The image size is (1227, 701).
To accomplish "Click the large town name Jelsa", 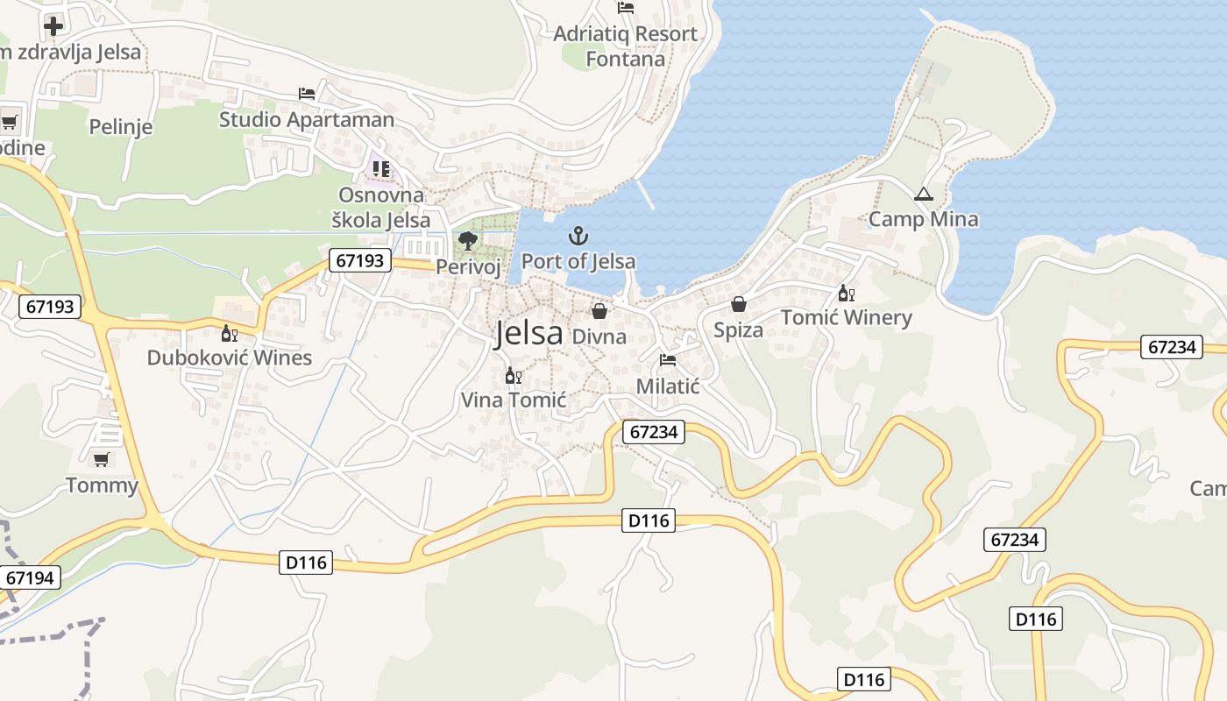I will tap(528, 334).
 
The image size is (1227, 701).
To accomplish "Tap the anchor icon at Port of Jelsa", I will tap(578, 236).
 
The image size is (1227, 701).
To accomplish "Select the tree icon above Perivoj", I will tap(468, 241).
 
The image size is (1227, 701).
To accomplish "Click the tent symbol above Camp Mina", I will tap(923, 195).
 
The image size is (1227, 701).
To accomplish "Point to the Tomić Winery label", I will tap(846, 317).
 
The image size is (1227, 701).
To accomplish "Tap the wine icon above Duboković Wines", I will tap(230, 333).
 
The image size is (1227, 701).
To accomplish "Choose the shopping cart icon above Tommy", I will tap(102, 459).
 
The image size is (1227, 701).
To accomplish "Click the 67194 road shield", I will tap(30, 577).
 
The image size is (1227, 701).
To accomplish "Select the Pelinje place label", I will tap(121, 127).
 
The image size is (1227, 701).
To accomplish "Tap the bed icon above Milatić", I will tap(668, 360).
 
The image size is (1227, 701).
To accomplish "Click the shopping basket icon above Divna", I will tap(599, 311).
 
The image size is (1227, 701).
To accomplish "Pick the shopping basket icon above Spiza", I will tap(739, 304).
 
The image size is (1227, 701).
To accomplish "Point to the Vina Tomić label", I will tap(514, 400).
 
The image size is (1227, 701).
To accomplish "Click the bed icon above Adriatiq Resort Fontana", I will tap(626, 8).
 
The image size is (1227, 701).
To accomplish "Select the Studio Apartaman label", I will tap(307, 119).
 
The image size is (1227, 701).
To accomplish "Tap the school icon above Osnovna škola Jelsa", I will tap(381, 168).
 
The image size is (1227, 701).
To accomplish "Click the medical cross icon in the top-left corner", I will tap(53, 25).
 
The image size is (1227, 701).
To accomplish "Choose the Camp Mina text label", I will tap(923, 219).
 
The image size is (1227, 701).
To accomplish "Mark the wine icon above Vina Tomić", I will tap(514, 375).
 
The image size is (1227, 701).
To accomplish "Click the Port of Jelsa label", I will tap(578, 261).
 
